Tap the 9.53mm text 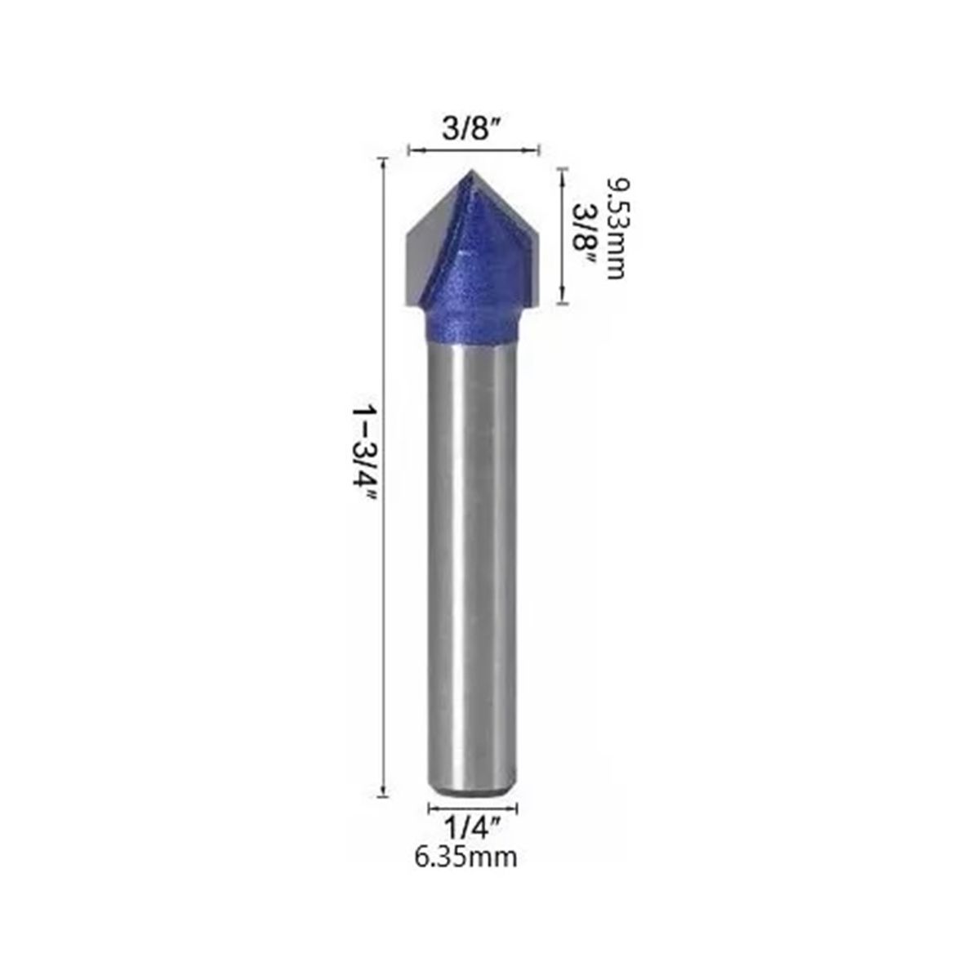click(x=615, y=228)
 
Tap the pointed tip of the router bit click(x=471, y=171)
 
